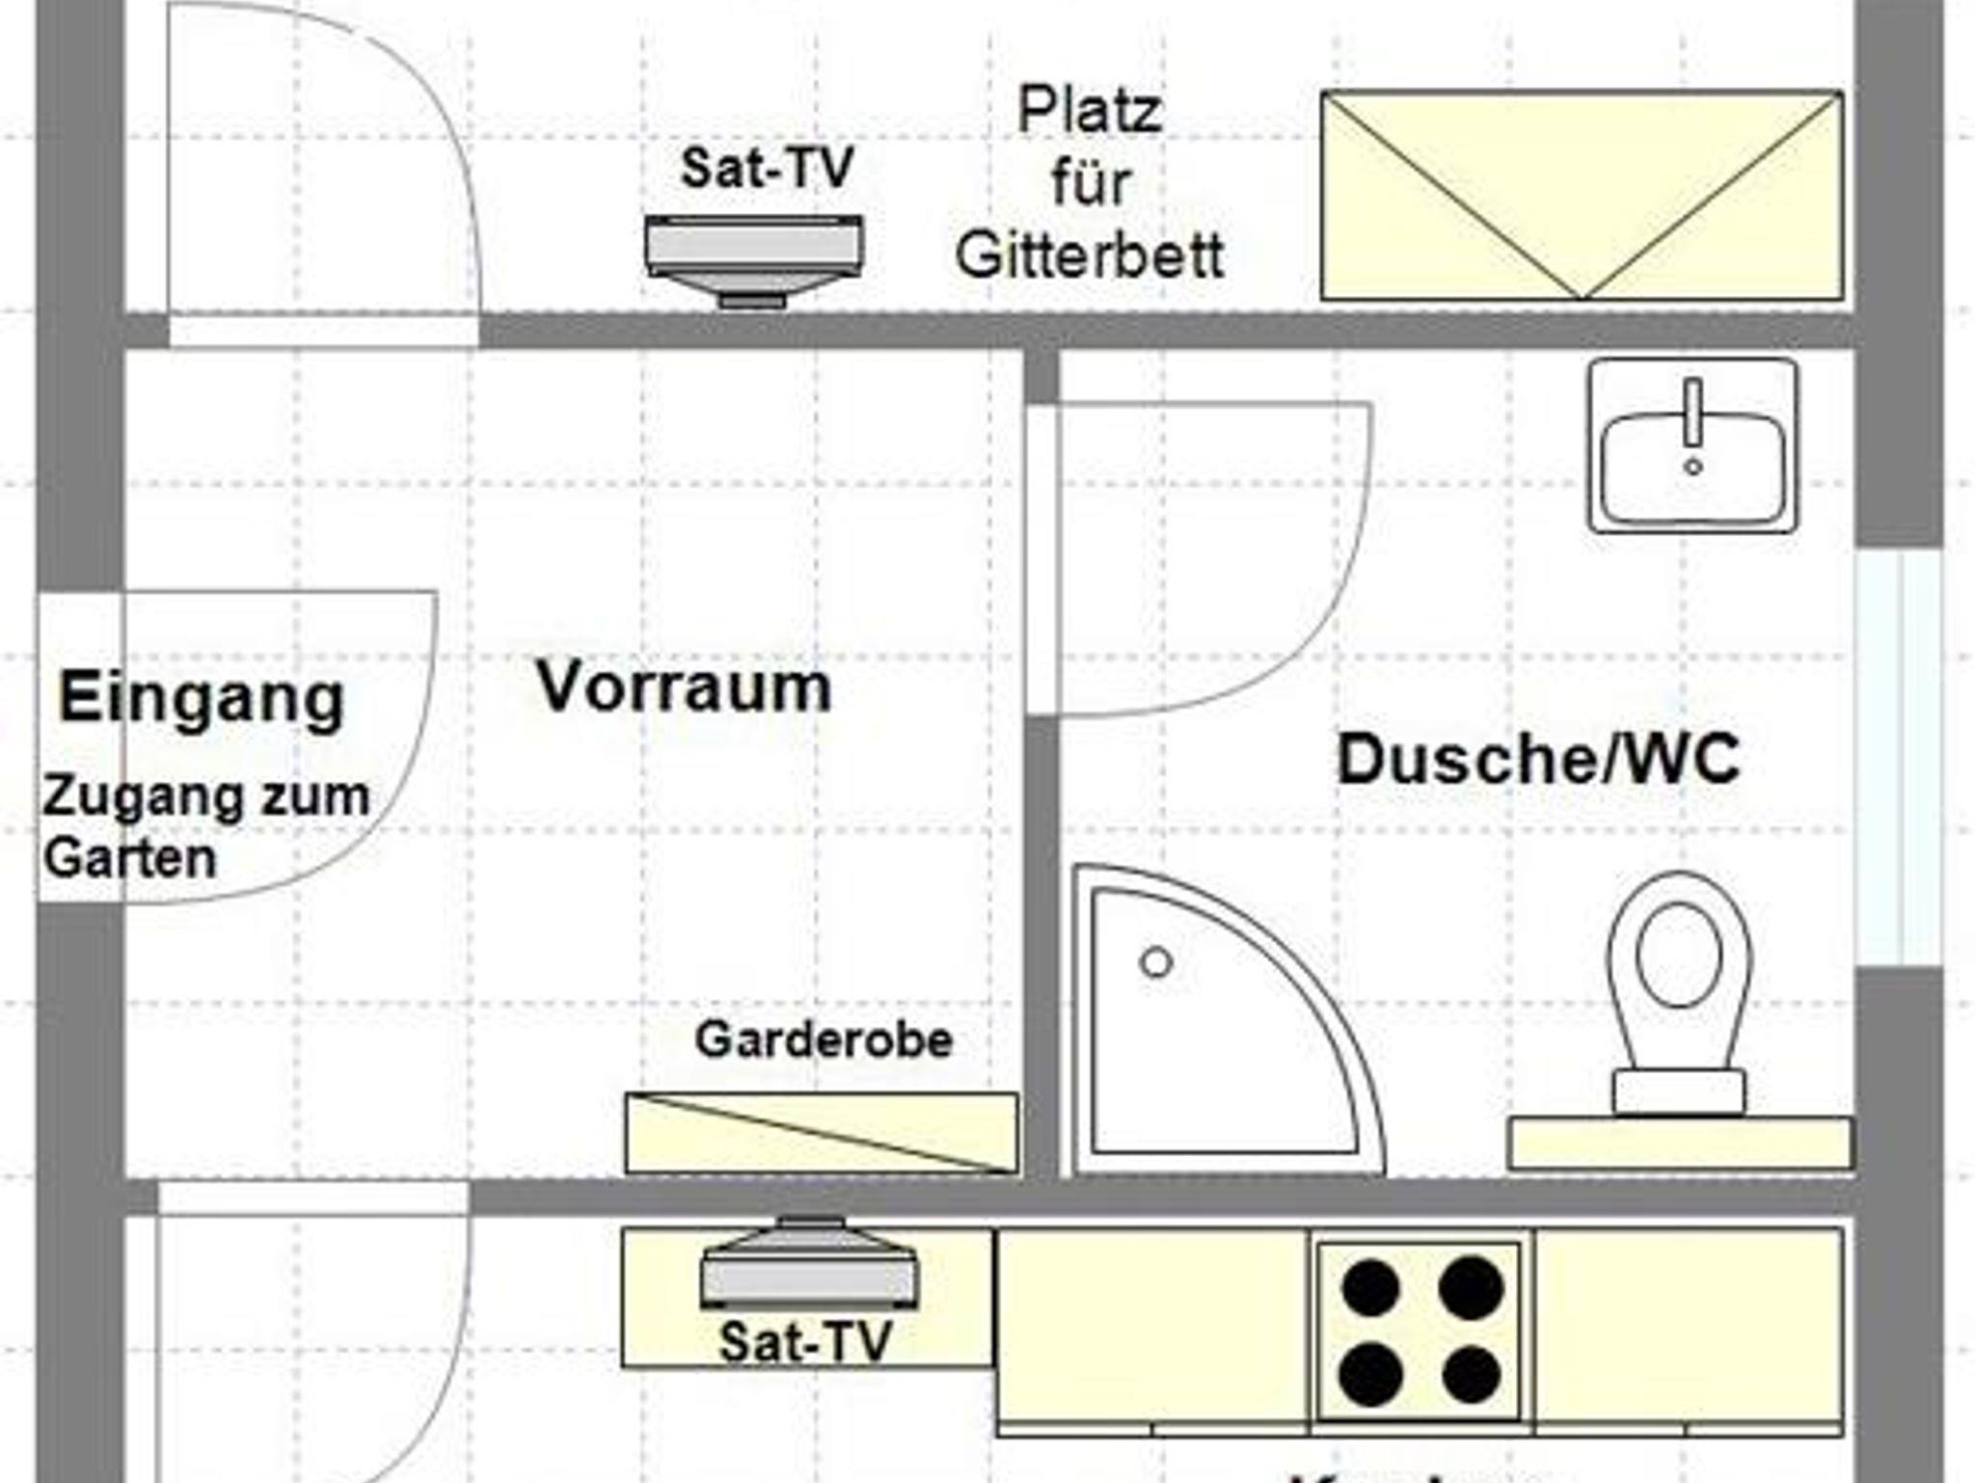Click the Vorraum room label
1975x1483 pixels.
pos(684,688)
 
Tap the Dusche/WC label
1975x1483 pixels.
pos(1538,759)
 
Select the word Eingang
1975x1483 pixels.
pos(202,698)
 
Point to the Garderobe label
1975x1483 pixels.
pos(824,1039)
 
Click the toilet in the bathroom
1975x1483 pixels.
pos(1679,993)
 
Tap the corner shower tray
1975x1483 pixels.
pos(1215,1032)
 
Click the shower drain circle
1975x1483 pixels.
pos(1155,962)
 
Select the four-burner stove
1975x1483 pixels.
pos(1420,1331)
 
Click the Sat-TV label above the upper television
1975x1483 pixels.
pos(767,168)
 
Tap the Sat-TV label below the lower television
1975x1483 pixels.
pos(805,1341)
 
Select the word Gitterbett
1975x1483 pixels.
pos(1090,256)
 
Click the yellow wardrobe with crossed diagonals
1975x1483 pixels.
pos(1582,196)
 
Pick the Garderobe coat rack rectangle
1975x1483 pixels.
pos(822,1133)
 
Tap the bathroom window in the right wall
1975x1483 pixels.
pos(1898,757)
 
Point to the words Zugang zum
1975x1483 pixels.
pos(205,798)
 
